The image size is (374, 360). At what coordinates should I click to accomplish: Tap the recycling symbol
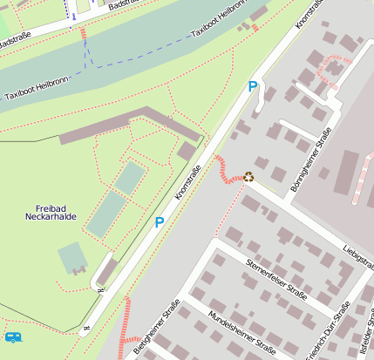249,176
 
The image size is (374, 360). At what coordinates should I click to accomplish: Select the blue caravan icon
12,336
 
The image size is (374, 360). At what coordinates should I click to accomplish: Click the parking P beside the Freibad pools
160,222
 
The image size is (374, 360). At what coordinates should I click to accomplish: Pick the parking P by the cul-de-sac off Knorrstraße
253,86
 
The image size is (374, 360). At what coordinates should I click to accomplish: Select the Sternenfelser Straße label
276,277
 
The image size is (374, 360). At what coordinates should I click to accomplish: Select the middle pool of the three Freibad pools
105,213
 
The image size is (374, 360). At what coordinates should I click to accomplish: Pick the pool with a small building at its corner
73,258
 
